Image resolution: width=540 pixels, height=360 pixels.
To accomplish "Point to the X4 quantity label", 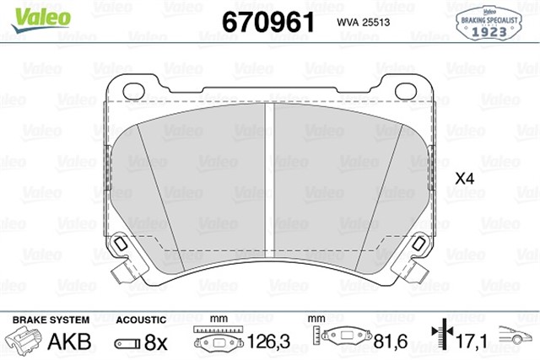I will point(465,179).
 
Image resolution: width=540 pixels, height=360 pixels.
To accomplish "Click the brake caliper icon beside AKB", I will point(24,342).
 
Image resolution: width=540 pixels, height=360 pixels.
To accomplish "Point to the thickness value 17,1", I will point(471,343).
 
